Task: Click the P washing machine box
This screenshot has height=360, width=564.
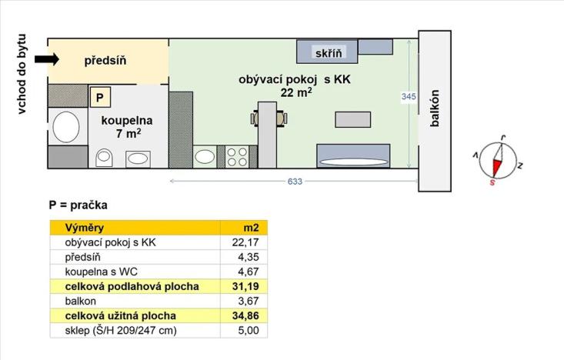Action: (99, 97)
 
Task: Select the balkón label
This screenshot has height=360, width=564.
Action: (435, 112)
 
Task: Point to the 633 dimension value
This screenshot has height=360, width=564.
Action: (295, 182)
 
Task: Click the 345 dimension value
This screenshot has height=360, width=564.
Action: (409, 96)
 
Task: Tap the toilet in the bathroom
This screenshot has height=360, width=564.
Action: (105, 157)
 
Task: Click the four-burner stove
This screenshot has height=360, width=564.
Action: (236, 157)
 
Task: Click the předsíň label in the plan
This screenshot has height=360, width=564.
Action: (105, 60)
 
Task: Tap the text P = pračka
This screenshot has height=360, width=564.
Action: (78, 205)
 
